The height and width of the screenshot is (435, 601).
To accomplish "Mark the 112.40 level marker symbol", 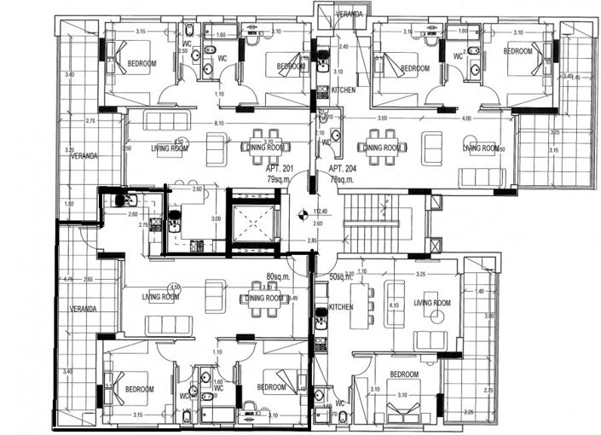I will pos(301,216).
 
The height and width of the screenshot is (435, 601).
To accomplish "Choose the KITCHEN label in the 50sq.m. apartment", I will pos(341,307).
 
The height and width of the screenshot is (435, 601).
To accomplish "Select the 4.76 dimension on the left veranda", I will pos(68,279).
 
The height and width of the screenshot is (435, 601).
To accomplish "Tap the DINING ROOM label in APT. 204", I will pos(382,148).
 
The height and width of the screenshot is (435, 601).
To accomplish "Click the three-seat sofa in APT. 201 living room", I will pos(165,120).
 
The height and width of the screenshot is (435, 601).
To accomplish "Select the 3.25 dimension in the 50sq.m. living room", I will pos(420,275).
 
